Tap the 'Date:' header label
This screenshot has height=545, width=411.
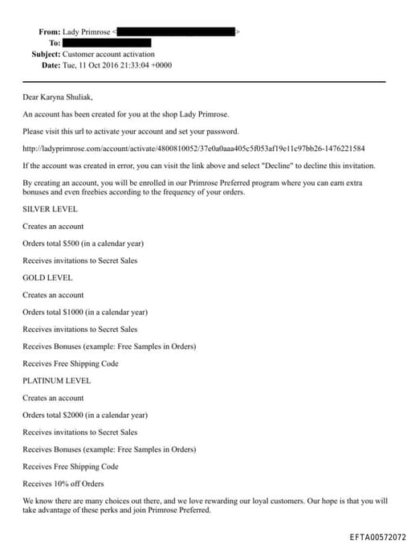pos(51,64)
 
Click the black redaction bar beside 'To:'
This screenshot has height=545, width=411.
pos(107,42)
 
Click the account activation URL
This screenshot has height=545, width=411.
pos(193,149)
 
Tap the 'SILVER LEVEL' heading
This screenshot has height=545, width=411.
pos(50,209)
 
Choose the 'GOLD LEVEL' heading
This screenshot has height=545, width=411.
pos(47,277)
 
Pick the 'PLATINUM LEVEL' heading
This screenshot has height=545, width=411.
pos(56,380)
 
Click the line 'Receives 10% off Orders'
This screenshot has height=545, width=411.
pos(63,483)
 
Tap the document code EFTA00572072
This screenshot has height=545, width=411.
pos(378,536)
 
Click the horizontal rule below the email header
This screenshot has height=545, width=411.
pos(204,81)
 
